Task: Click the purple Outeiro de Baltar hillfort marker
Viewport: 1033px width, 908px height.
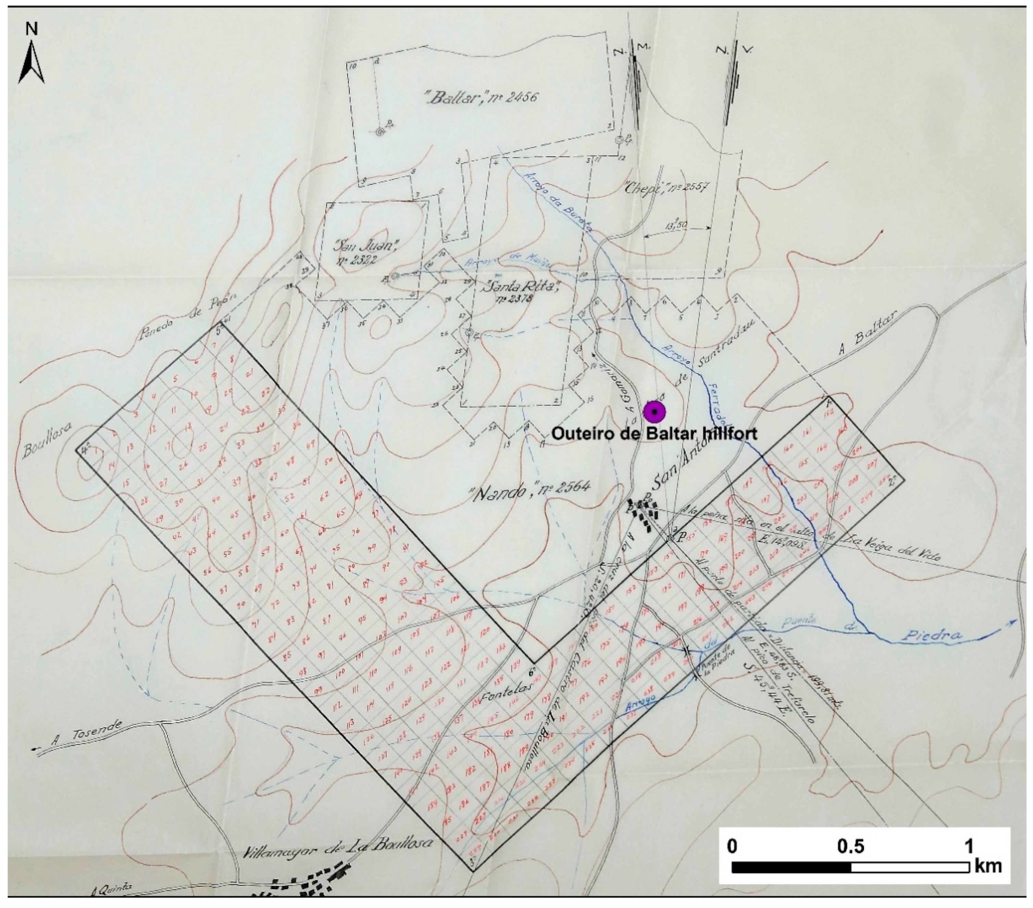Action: [x=655, y=412]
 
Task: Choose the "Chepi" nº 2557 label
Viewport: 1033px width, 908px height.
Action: [x=664, y=190]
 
